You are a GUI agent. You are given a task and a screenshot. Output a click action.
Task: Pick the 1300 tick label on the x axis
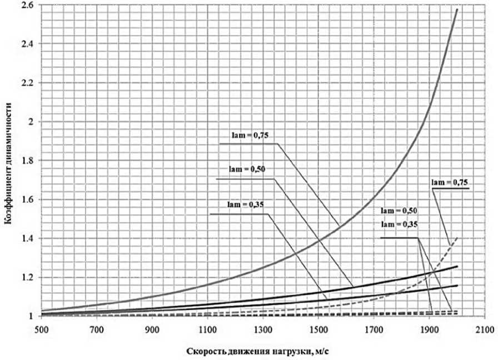tap(262, 329)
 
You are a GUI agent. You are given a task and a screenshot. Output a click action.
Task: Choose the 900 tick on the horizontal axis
tap(151, 329)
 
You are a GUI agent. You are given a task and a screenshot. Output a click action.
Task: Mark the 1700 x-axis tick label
tap(373, 329)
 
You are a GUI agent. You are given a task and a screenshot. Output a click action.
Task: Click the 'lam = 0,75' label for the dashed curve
tap(448, 182)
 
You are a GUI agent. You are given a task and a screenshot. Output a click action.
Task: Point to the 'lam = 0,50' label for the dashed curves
tap(399, 212)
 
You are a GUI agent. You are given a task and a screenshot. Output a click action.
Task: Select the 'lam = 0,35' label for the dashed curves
tap(399, 224)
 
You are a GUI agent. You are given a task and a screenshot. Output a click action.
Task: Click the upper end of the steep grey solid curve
tap(457, 9)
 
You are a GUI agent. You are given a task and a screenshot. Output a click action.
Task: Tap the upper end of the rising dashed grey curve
tap(457, 237)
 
